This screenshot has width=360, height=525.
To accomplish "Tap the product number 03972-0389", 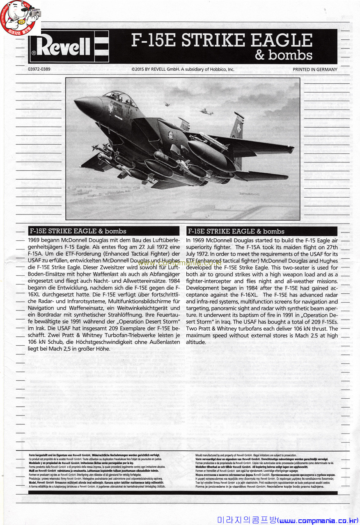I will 39,69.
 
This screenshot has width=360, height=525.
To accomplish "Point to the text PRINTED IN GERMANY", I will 315,69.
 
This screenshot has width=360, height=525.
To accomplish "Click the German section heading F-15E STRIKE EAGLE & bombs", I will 78,231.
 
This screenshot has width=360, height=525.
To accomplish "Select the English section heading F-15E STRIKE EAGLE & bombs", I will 236,231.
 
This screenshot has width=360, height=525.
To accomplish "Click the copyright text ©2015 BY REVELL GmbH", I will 183,69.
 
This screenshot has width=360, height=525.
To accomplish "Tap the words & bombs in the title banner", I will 283,55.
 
